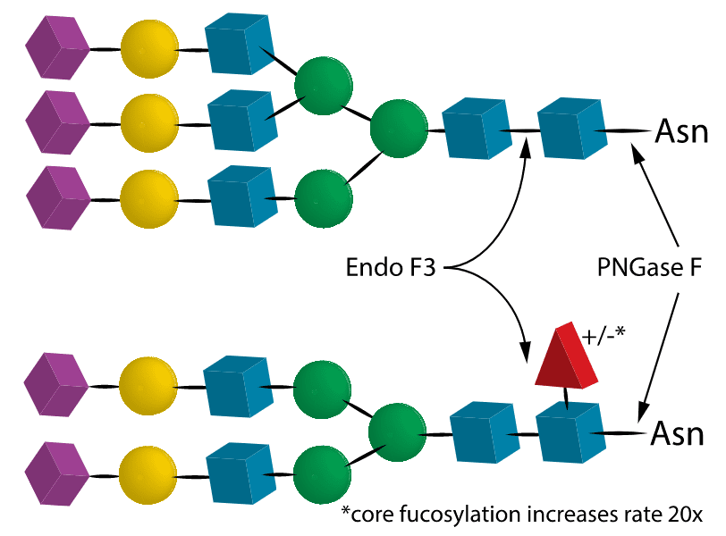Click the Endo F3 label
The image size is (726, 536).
[391, 267]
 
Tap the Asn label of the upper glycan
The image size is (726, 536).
[682, 131]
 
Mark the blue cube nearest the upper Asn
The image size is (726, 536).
[570, 130]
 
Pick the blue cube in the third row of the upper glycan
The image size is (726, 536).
[240, 197]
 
